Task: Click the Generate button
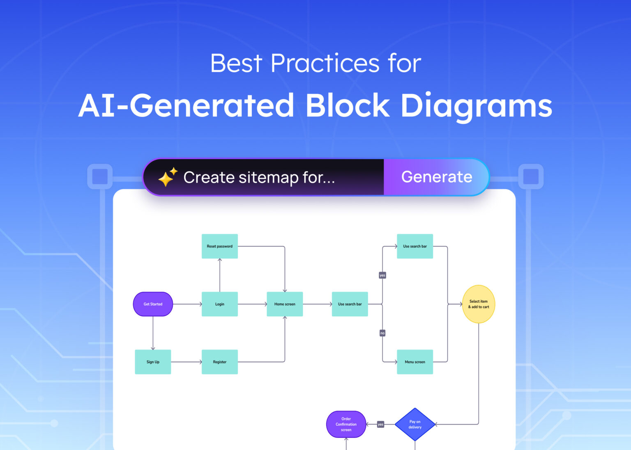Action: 436,177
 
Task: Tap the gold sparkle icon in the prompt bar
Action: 168,177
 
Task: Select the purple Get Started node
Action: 153,304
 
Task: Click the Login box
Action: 219,304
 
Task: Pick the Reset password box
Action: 219,246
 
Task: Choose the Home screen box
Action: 285,304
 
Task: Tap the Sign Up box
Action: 153,362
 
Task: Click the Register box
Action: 219,362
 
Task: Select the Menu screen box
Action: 415,362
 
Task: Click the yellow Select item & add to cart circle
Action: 479,304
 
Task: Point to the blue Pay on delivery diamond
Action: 415,424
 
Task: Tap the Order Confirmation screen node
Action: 346,424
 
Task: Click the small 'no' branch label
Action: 382,333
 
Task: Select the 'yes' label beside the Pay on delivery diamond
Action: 380,424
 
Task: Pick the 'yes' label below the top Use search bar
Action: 382,275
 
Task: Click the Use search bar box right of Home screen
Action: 350,304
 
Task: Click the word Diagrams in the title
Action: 476,106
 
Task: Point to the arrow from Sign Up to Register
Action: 186,362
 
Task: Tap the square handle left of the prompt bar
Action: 100,177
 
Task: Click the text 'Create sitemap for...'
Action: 259,177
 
